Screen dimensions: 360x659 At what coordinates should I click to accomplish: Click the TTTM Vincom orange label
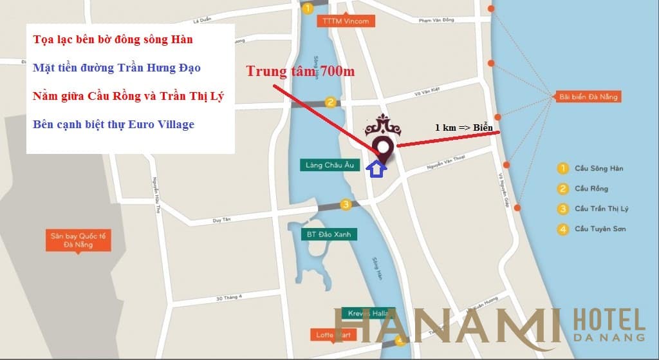tap(346, 21)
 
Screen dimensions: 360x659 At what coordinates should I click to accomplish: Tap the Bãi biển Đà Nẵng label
tap(588, 97)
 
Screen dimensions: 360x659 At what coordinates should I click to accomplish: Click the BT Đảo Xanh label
tap(329, 235)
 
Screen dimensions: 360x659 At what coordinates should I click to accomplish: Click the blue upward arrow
tap(376, 169)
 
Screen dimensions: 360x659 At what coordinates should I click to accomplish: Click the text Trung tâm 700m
tap(300, 71)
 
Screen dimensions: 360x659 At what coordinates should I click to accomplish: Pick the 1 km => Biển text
tap(463, 128)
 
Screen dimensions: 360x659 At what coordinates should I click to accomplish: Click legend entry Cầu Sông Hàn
tap(599, 169)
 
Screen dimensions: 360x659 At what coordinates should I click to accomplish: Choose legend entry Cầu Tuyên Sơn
tap(600, 229)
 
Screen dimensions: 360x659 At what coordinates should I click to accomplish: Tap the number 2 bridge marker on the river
tap(330, 102)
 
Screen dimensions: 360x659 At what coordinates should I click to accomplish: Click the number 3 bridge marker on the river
tap(346, 205)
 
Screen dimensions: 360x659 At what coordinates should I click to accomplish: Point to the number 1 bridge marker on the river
tap(308, 8)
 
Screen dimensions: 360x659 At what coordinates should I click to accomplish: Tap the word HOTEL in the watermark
tap(608, 321)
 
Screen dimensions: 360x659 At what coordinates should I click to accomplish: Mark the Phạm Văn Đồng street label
tap(436, 21)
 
